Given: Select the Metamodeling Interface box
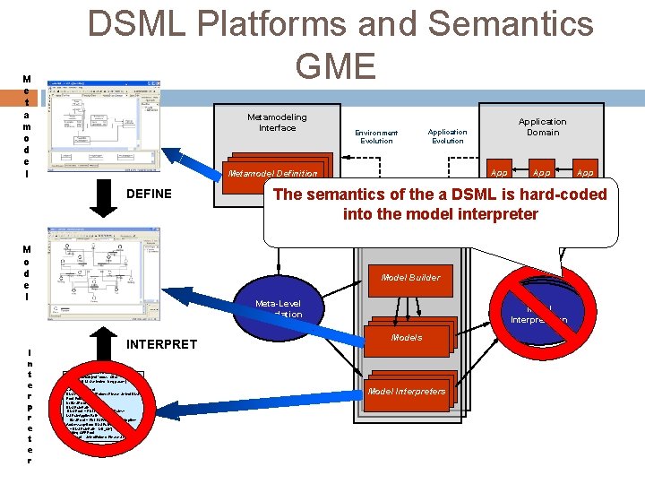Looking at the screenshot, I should click(x=277, y=123).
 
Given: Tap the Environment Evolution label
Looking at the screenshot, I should click(x=376, y=136).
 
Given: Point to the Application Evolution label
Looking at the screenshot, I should click(x=447, y=136).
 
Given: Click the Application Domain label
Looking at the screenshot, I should click(x=542, y=127).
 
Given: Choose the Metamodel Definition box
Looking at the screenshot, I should click(x=284, y=173).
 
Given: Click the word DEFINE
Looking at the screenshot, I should click(x=150, y=194).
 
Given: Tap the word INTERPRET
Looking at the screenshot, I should click(x=162, y=342).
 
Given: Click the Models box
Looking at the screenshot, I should click(x=408, y=338).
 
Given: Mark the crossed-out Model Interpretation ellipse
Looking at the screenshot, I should click(x=539, y=309).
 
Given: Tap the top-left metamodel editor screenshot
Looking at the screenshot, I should click(x=103, y=125).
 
